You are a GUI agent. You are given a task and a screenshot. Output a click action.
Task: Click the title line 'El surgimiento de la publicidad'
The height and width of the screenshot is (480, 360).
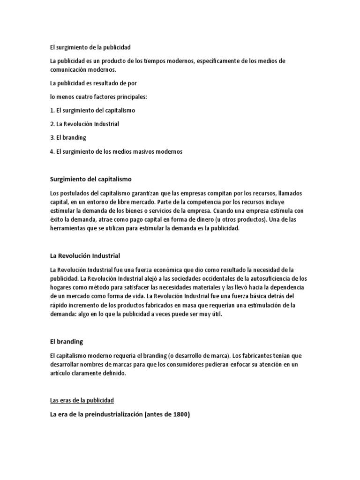pyautogui.click(x=90, y=47)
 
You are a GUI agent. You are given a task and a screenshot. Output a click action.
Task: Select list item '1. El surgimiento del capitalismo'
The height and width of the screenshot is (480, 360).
pyautogui.click(x=92, y=110)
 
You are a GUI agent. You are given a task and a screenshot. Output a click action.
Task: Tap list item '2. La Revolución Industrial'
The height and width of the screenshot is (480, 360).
pyautogui.click(x=84, y=124)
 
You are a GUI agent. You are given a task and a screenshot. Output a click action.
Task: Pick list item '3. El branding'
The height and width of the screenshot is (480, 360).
pyautogui.click(x=68, y=138)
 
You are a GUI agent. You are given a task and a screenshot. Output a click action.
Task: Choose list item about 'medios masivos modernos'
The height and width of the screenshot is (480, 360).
pyautogui.click(x=116, y=151)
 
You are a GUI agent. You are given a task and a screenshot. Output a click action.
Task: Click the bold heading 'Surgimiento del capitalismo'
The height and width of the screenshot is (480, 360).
pyautogui.click(x=90, y=179)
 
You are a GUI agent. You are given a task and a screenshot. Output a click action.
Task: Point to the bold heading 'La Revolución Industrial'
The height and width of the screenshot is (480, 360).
pyautogui.click(x=85, y=255)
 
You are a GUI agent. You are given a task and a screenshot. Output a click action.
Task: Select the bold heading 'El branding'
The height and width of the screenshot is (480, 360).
pyautogui.click(x=66, y=342)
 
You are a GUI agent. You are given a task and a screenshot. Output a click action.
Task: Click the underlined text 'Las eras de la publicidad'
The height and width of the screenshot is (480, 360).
pyautogui.click(x=82, y=400)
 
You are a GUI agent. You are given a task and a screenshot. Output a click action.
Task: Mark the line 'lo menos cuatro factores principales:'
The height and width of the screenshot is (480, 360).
pyautogui.click(x=98, y=97)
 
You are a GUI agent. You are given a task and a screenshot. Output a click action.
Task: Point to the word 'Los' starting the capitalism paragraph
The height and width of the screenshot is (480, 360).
pyautogui.click(x=55, y=194)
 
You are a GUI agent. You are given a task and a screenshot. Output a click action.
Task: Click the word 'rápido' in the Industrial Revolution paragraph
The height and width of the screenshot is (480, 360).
pyautogui.click(x=60, y=305)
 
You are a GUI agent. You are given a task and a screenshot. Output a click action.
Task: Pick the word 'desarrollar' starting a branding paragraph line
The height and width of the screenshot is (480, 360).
pyautogui.click(x=65, y=365)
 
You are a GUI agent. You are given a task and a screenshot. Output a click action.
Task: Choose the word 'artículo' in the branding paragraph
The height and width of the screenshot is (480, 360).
pyautogui.click(x=61, y=374)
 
